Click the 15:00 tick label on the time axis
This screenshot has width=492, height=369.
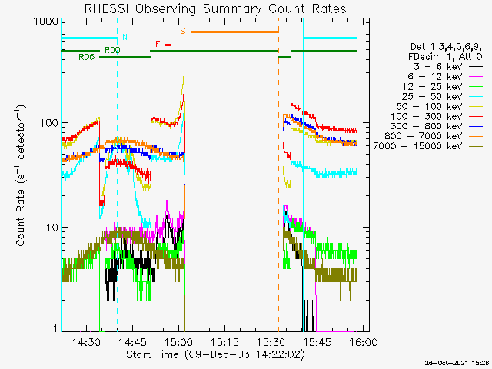[x=178, y=342]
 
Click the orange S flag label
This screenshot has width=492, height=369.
[x=183, y=31]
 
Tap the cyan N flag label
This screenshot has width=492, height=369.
[x=125, y=37]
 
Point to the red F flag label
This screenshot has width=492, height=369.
[x=158, y=44]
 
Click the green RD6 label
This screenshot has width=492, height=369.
[x=86, y=58]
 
